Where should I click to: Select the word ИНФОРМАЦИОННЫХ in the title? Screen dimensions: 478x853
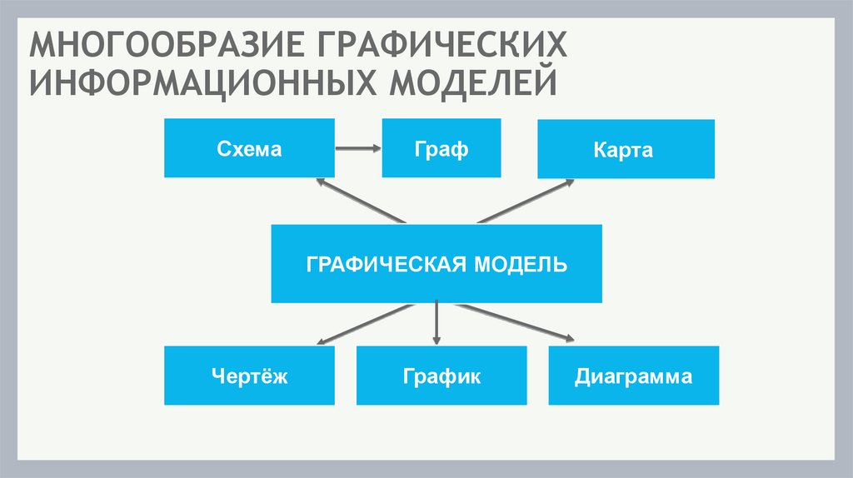[200, 84]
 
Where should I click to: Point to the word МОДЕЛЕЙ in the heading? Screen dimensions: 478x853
[470, 84]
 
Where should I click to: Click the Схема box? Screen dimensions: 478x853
[249, 148]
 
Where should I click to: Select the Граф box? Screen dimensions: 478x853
[441, 148]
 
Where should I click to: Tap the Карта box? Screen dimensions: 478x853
[626, 149]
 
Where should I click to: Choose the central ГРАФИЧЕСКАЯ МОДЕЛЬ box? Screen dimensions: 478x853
[436, 263]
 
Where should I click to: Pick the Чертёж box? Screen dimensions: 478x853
[249, 376]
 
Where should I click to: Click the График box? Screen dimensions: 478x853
[441, 376]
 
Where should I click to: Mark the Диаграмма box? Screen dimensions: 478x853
[633, 376]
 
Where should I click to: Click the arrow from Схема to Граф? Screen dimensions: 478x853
[358, 149]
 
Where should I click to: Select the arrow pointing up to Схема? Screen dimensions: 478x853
[358, 201]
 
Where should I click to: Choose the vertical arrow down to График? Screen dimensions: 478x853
[437, 324]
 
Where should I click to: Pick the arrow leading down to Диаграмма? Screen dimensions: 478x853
[516, 322]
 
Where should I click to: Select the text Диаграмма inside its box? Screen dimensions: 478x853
[633, 376]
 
